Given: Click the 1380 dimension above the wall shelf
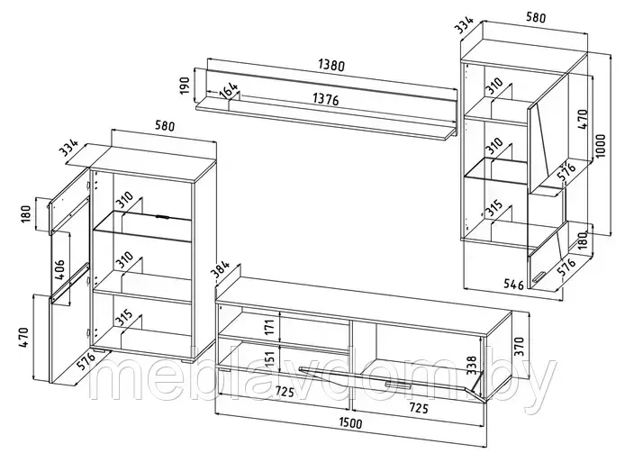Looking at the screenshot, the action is click(331, 65).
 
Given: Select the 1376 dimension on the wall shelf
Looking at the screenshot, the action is click(326, 99).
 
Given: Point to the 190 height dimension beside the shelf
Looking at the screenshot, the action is click(186, 86).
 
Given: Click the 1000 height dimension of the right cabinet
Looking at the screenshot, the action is click(601, 146).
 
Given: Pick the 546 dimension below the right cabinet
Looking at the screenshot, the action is click(513, 284).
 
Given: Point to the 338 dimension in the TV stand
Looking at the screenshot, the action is click(472, 366).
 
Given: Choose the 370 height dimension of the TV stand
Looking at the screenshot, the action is click(519, 347).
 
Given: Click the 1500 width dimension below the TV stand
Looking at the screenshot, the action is click(351, 422).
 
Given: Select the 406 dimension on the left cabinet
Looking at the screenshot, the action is click(59, 269).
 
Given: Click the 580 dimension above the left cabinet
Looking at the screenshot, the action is click(164, 125).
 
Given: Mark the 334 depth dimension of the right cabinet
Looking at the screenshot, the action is click(465, 24).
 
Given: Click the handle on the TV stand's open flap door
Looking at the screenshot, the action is click(398, 385).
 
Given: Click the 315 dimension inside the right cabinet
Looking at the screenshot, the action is click(494, 208).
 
